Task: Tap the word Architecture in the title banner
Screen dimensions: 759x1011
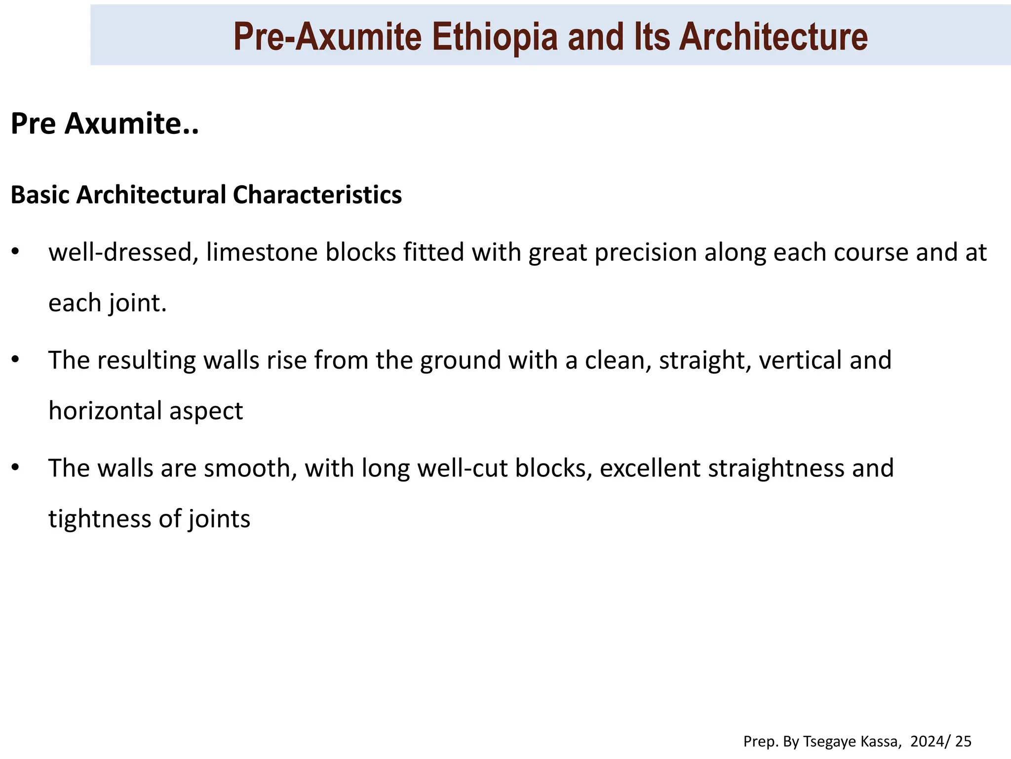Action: tap(773, 37)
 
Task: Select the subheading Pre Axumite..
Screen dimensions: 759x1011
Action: tap(104, 124)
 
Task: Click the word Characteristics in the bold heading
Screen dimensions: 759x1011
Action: tap(317, 195)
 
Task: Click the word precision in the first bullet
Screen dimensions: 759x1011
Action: tap(646, 253)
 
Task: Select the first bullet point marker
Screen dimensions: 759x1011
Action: tap(15, 252)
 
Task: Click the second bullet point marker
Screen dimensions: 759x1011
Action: tap(15, 360)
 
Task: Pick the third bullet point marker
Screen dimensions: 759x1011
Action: tap(15, 467)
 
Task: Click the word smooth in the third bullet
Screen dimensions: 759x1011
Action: tap(250, 468)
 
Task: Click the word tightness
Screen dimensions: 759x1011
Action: tap(99, 519)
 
